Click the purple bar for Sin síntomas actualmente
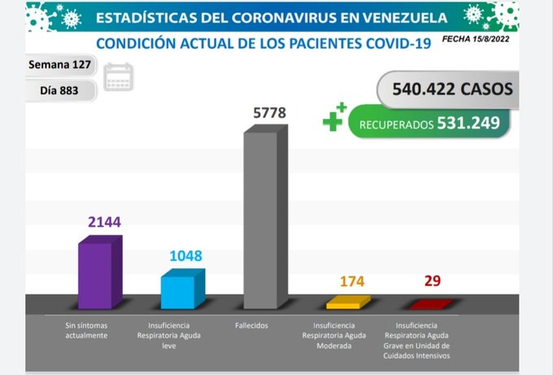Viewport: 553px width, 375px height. point(99,273)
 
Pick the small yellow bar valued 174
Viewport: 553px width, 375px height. point(347,303)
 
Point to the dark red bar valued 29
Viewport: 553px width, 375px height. point(429,304)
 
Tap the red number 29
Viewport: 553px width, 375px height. point(433,281)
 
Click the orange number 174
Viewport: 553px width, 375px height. point(352,281)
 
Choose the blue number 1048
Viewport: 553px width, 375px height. point(185,256)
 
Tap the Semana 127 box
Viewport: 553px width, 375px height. point(60,64)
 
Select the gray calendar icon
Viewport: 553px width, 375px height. point(119,76)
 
